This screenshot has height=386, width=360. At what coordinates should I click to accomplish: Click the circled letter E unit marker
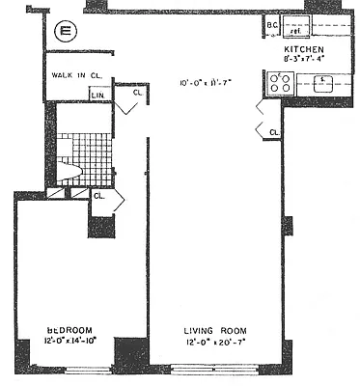[x=66, y=31]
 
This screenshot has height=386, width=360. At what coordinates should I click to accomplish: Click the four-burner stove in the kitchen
[x=278, y=84]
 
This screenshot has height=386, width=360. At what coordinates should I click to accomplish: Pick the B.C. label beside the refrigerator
[x=271, y=25]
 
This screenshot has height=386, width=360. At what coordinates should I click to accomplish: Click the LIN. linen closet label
[x=98, y=95]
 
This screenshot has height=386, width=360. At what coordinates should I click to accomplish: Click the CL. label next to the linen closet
[x=137, y=94]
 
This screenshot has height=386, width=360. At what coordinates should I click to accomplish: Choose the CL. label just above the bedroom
[x=99, y=196]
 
